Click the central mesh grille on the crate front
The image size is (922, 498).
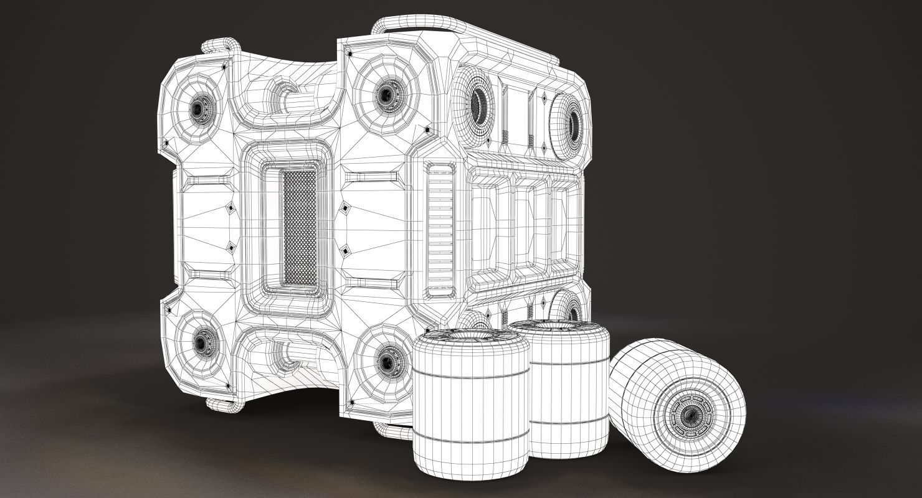300,228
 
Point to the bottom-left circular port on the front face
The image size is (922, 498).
202,341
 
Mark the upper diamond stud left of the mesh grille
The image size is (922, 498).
230,209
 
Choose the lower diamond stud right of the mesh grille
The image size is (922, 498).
345,251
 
